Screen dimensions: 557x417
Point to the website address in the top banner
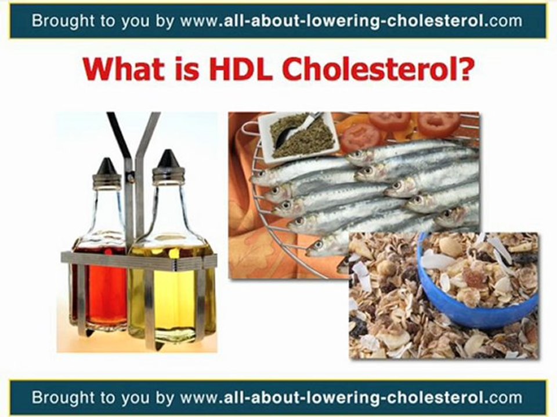(352, 21)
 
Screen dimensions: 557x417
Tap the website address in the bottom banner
(352, 397)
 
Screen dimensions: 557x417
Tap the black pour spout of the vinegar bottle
(107, 167)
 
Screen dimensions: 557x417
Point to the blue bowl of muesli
(476, 280)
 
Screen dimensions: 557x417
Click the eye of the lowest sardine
(319, 244)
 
